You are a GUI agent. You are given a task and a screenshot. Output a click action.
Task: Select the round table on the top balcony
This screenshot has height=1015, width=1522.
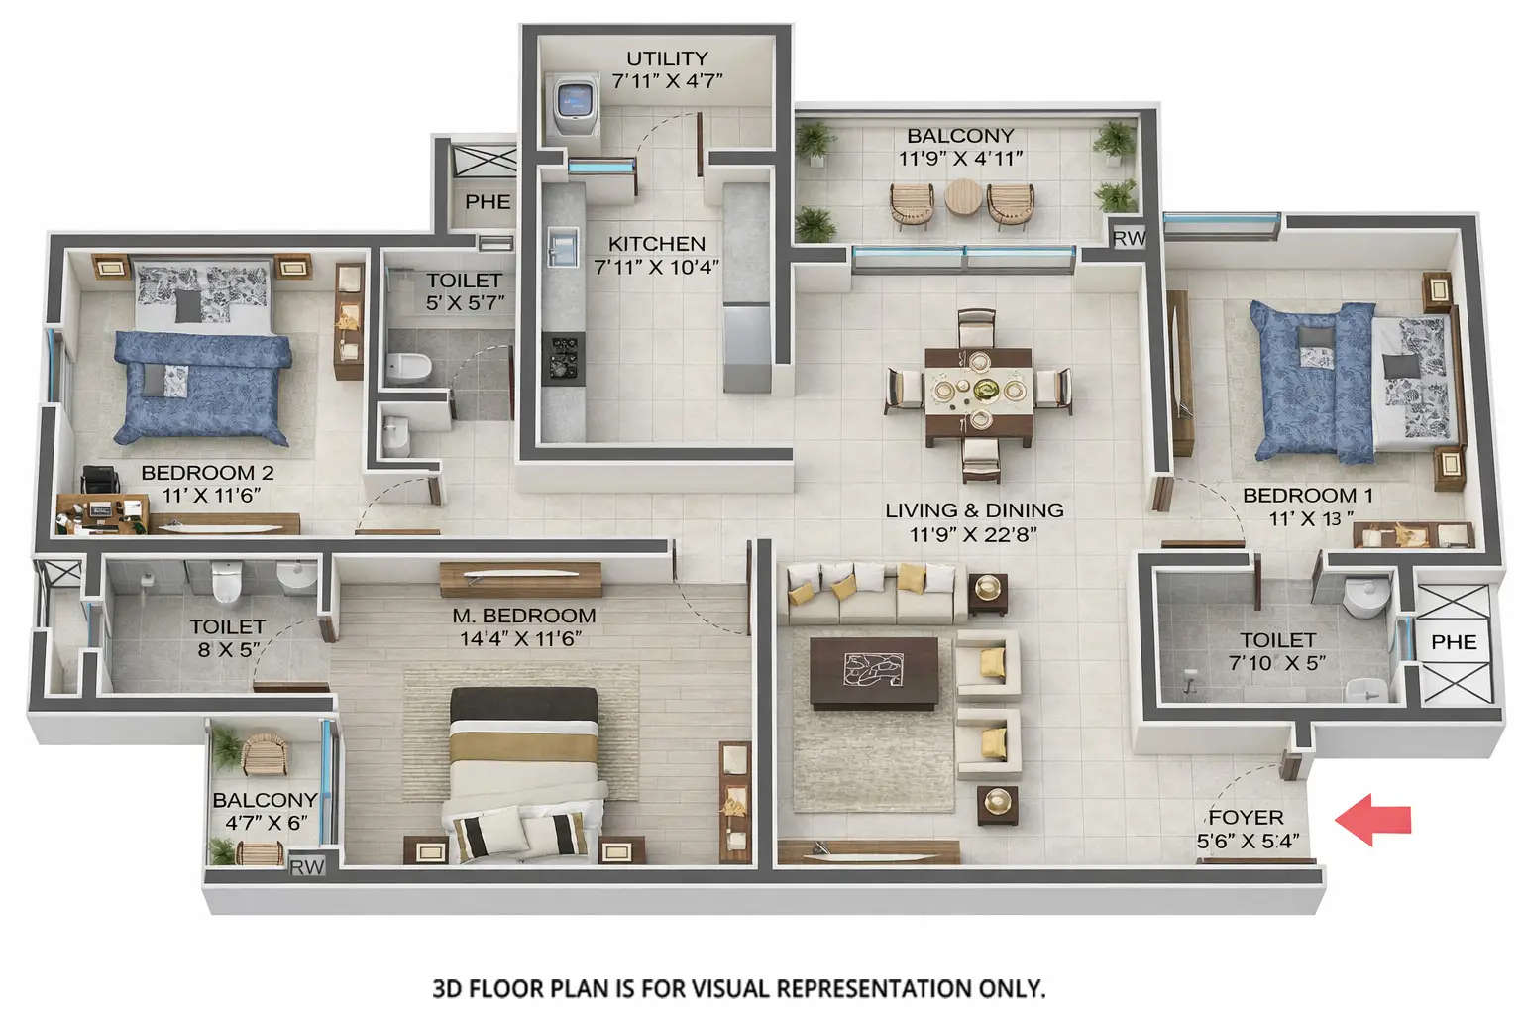960,198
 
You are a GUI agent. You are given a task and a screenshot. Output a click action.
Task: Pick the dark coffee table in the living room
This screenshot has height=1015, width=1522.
874,672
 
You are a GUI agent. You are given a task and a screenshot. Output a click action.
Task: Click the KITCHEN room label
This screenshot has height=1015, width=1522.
656,244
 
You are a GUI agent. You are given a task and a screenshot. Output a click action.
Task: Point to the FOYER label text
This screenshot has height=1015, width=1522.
1246,818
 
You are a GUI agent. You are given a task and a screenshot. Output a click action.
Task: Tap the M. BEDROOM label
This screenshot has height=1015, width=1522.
524,616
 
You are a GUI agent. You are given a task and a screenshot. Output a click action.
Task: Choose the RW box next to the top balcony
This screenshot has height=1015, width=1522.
1129,238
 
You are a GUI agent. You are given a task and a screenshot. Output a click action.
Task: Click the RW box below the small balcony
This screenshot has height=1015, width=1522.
307,867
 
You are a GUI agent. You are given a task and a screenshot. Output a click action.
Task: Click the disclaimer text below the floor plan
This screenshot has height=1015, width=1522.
738,987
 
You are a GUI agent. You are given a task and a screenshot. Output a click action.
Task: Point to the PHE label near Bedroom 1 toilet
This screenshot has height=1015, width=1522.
1453,642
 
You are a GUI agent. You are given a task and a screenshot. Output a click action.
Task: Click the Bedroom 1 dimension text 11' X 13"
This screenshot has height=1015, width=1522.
1311,518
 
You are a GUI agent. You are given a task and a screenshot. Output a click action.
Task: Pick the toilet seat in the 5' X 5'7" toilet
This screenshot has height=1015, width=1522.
407,368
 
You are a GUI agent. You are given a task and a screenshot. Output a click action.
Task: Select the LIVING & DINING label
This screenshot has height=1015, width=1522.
974,510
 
